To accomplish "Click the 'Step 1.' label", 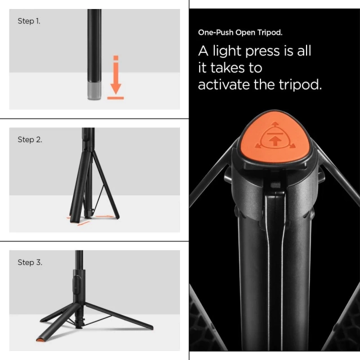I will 29,21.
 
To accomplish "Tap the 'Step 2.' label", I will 30,139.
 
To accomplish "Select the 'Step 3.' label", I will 30,262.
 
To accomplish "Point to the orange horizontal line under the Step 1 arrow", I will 115,97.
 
